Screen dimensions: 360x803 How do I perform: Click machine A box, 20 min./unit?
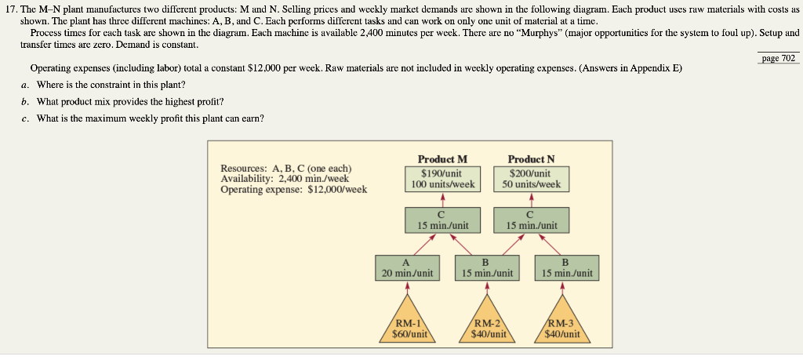407,267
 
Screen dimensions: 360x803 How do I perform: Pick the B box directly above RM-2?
487,267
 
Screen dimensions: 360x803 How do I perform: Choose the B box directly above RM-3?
566,267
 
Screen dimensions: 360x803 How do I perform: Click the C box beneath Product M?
442,219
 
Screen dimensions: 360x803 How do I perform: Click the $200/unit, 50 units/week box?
530,179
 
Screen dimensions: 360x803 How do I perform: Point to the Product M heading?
442,159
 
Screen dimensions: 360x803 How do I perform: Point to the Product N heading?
530,159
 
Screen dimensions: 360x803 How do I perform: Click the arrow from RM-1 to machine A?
407,287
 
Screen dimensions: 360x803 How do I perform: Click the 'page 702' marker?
779,58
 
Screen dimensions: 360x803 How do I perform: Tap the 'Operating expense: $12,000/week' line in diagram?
293,189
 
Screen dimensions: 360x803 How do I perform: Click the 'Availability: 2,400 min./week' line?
285,179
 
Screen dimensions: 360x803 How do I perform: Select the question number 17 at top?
12,7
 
